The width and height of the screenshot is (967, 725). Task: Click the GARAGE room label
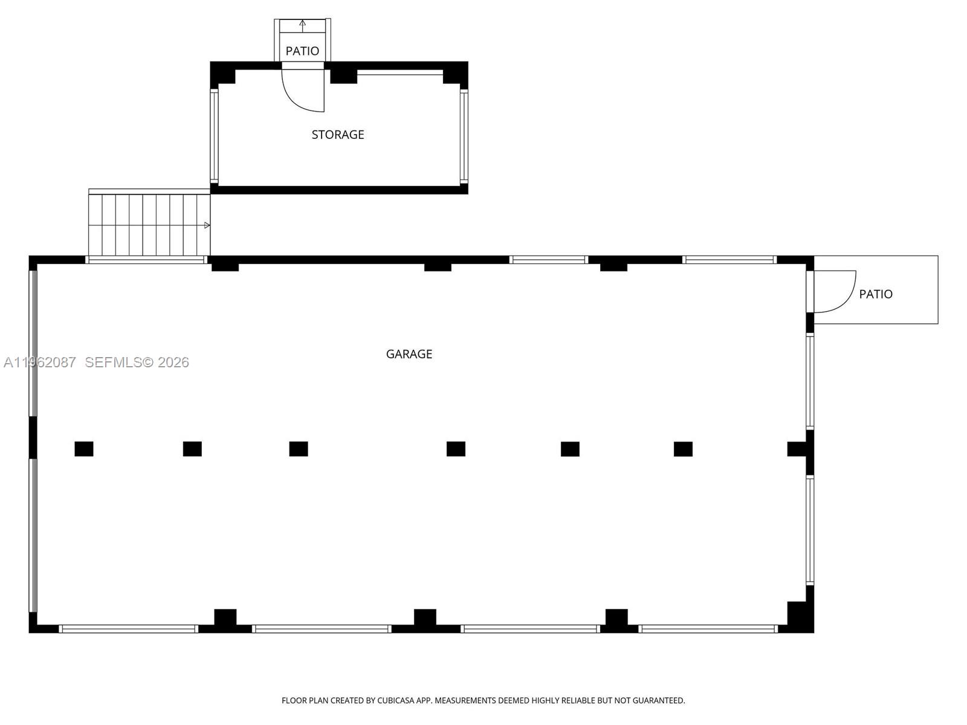(409, 354)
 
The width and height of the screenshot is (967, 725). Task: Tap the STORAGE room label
(338, 135)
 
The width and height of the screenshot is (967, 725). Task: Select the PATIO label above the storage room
(302, 51)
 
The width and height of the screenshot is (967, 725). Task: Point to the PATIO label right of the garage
(876, 294)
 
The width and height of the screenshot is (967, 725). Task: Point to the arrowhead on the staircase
(207, 225)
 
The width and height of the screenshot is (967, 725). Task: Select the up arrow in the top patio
(302, 25)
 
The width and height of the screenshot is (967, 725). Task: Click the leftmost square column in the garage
(84, 449)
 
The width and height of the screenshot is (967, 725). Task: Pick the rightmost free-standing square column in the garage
(683, 449)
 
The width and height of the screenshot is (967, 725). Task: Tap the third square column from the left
(299, 449)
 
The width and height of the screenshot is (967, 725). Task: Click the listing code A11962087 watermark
(40, 362)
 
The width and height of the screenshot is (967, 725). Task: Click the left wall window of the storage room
(214, 136)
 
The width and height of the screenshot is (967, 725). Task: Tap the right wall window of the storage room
(464, 136)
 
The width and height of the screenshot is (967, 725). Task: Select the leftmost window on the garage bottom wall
(128, 629)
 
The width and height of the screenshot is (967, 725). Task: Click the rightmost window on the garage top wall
(729, 260)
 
